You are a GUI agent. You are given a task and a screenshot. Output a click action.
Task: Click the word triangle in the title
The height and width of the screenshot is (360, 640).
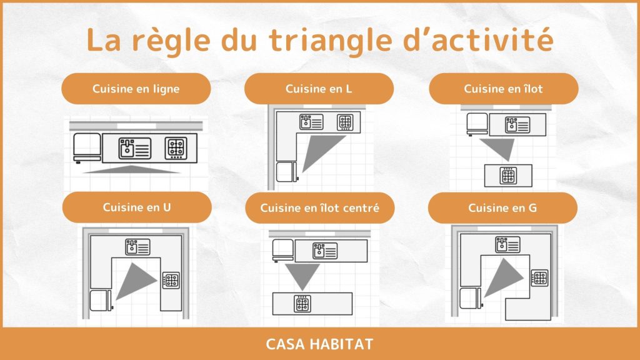(330, 41)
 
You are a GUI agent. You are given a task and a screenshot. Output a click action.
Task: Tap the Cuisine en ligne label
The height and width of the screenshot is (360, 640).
(136, 89)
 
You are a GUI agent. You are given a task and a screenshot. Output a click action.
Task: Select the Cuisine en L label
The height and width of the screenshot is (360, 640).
(319, 89)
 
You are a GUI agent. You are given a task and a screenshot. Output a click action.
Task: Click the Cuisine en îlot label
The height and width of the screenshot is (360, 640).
(503, 89)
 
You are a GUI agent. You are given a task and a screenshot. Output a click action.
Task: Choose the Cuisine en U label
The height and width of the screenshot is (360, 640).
(137, 207)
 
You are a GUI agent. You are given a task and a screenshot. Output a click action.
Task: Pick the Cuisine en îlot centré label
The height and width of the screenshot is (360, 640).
(319, 208)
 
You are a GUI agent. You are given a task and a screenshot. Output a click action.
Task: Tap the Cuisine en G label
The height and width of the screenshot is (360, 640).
(502, 208)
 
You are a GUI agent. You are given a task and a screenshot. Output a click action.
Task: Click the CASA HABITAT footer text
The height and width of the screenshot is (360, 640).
(319, 344)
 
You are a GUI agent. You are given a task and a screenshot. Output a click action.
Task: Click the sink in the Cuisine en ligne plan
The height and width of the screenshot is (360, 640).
(135, 148)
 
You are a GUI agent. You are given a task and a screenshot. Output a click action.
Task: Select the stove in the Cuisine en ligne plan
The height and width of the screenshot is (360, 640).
(176, 147)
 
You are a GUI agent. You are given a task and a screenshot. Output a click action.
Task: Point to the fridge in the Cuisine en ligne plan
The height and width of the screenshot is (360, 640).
(87, 147)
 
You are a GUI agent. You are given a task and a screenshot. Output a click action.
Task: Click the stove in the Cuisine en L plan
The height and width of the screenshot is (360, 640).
(345, 122)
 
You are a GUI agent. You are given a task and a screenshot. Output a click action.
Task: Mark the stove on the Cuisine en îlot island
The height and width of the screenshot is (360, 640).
(508, 176)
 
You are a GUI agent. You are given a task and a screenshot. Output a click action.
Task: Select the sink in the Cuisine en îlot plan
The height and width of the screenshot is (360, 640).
(517, 125)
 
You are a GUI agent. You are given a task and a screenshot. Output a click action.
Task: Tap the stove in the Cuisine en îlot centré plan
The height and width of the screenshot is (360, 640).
(302, 304)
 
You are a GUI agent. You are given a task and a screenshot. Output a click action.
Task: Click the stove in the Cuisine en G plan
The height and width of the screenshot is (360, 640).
(539, 278)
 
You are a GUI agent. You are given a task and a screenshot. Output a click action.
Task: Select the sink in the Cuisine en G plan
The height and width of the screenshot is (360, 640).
(507, 245)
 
